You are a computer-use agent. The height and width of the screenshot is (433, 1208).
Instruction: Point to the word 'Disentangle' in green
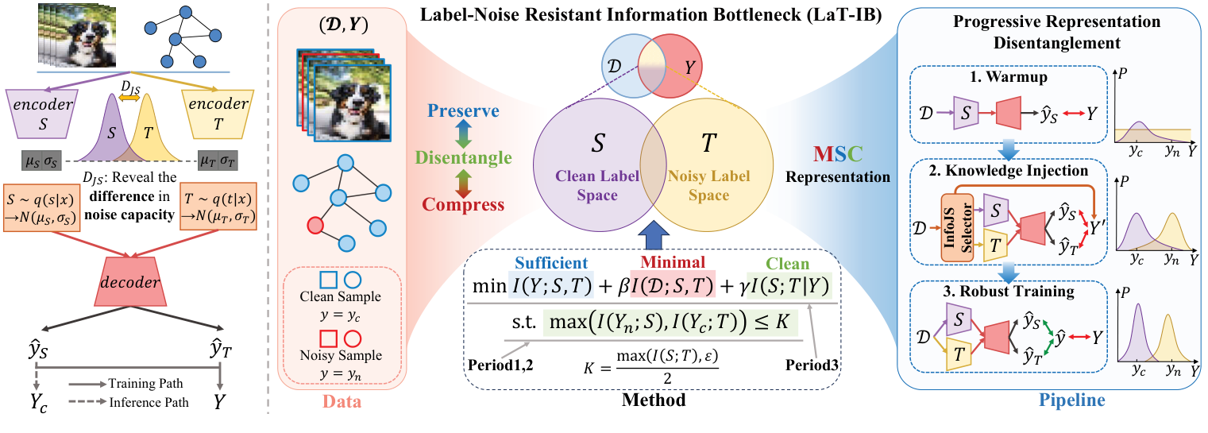466,158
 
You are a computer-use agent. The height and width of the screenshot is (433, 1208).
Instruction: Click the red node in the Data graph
315,224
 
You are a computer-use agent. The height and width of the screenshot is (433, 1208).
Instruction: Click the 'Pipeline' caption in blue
1075,400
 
